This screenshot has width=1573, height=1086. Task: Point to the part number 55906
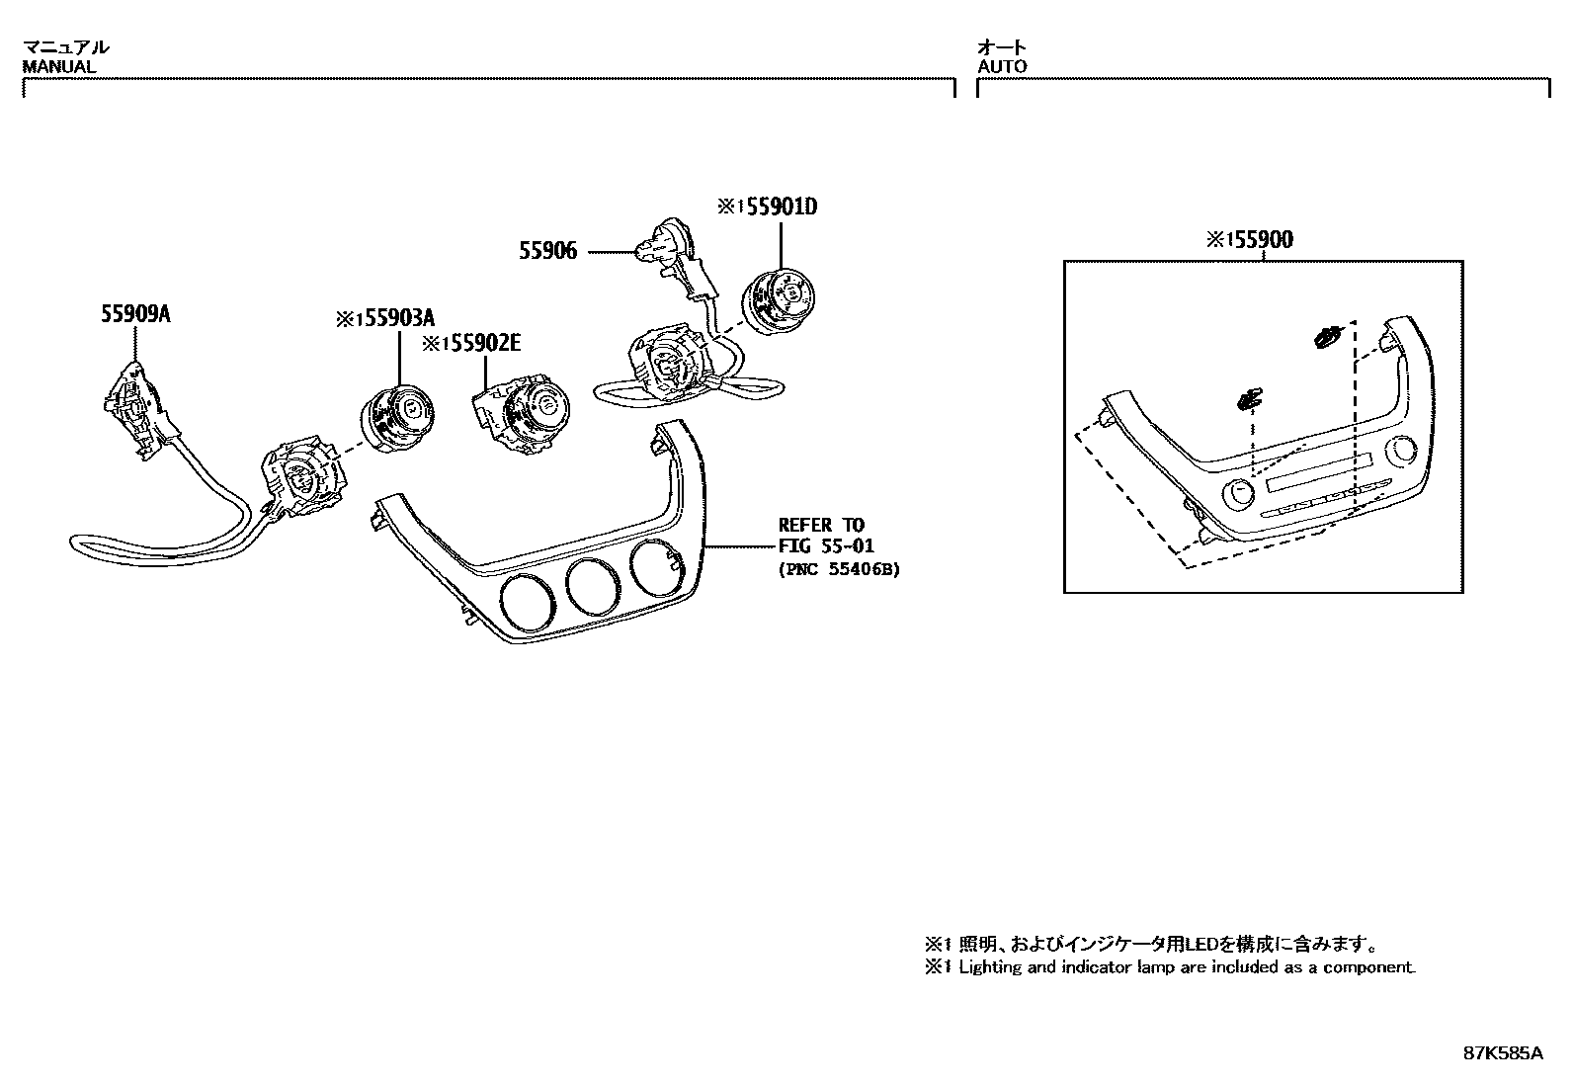tap(548, 252)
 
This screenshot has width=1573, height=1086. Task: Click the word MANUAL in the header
tap(59, 67)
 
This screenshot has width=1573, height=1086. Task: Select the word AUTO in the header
tap(1002, 67)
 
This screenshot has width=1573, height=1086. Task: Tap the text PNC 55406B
tap(839, 569)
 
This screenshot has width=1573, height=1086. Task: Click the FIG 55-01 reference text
tap(826, 545)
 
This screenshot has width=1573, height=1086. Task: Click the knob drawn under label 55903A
tap(393, 420)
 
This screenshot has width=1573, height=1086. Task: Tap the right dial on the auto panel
tap(1400, 452)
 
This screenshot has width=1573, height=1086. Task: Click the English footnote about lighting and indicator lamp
tap(1170, 967)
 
